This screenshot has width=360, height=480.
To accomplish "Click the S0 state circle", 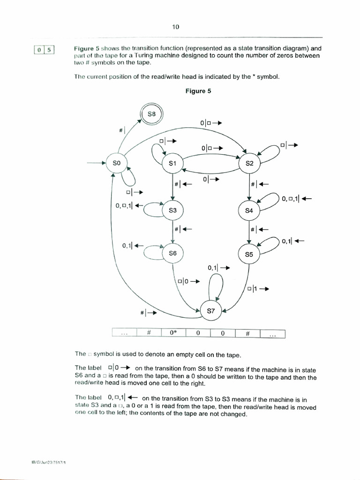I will click(117, 163).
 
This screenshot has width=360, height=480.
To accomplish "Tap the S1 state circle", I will click(172, 164).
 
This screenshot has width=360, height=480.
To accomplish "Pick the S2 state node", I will click(249, 163).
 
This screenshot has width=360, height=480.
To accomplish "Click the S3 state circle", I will click(172, 210).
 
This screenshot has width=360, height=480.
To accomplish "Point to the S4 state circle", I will click(249, 210).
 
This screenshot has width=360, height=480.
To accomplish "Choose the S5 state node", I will click(249, 255).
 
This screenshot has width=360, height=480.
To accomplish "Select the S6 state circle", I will click(172, 253).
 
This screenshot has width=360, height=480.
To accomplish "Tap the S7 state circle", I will click(210, 310).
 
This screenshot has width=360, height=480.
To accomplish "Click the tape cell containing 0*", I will click(173, 333).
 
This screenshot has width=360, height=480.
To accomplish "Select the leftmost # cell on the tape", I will click(148, 333).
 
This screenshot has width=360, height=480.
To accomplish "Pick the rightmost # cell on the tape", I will click(248, 333).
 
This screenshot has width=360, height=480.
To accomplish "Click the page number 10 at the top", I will click(176, 27).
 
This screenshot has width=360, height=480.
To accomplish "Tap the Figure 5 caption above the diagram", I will click(198, 91).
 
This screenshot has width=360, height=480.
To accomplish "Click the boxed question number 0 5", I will click(45, 49).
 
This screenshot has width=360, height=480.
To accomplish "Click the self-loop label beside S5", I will click(293, 241).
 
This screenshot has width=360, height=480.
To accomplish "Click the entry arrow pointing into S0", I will click(96, 163).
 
